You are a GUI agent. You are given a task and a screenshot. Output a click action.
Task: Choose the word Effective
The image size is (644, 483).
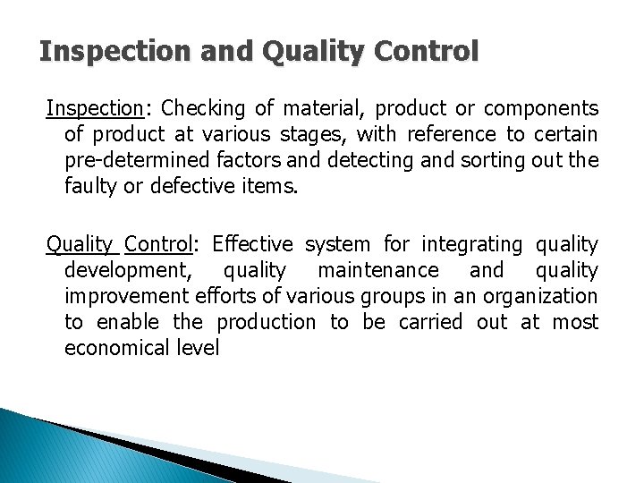click(253, 245)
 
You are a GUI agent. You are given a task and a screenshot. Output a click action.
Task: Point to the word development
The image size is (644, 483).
click(123, 271)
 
